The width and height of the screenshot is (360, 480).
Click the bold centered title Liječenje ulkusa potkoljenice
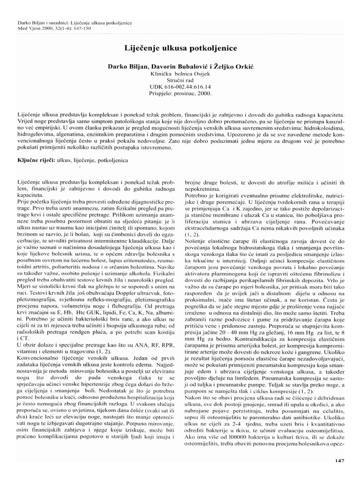180,48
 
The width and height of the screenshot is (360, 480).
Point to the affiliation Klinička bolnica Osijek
180,74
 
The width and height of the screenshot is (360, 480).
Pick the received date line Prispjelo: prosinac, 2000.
180,93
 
